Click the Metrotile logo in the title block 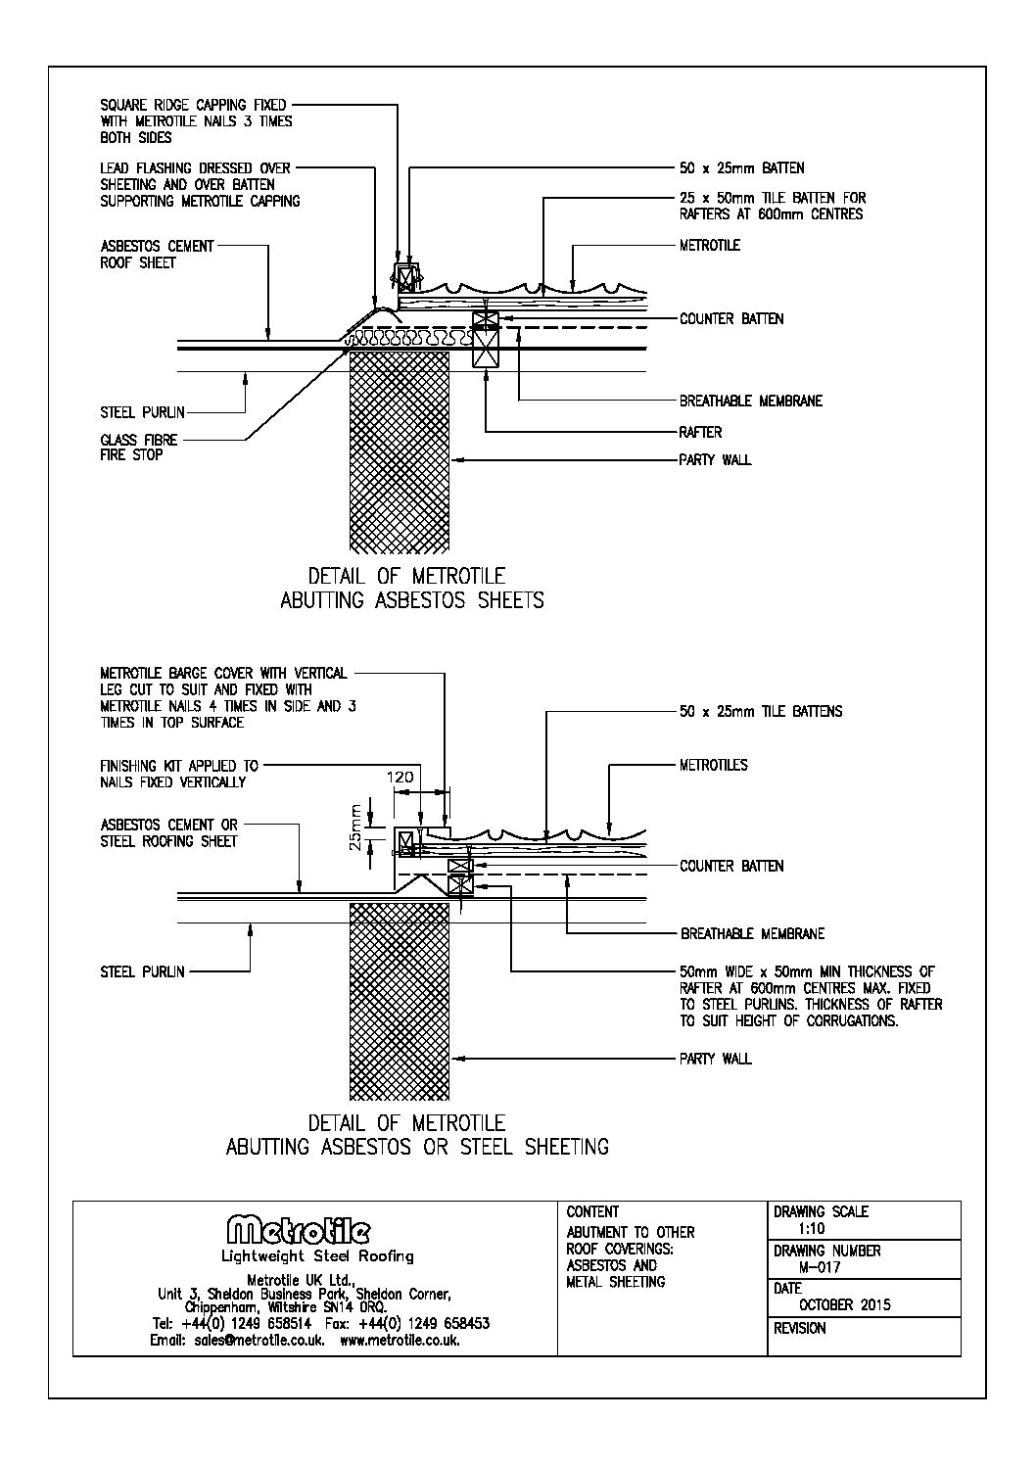point(299,1230)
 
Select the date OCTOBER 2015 point(845,1304)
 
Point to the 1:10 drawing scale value point(811,1228)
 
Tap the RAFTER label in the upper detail point(700,431)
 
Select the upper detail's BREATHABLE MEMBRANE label point(751,401)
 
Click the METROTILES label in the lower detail point(713,765)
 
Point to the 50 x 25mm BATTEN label point(741,167)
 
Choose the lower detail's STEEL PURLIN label point(142,971)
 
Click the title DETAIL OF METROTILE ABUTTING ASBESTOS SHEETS point(411,588)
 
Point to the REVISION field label point(799,1329)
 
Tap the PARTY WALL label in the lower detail point(715,1059)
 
